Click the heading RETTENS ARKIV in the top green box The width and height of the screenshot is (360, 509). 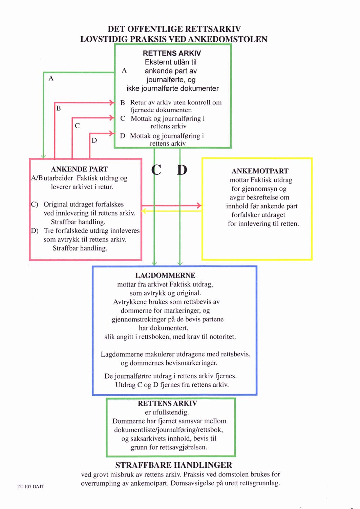(x=172, y=53)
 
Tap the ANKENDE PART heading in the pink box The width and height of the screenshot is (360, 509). (x=80, y=169)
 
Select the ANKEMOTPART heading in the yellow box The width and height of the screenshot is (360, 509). (x=260, y=171)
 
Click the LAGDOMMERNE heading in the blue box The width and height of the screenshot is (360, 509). (x=165, y=275)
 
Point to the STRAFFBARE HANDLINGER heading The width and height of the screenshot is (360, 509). (x=174, y=465)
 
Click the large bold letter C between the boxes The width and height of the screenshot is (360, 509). (x=156, y=170)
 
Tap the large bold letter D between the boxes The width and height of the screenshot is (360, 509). (x=182, y=170)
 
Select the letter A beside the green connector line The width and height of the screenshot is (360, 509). (x=51, y=78)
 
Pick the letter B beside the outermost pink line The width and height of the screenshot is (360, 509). (x=58, y=108)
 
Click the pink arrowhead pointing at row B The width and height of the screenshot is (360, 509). (x=112, y=103)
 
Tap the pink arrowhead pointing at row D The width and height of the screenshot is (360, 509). (x=112, y=133)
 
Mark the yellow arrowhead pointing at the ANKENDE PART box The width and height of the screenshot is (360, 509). (x=144, y=211)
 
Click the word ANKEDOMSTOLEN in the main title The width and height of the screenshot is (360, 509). (x=228, y=39)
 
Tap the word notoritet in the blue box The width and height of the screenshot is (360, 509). (x=223, y=337)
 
